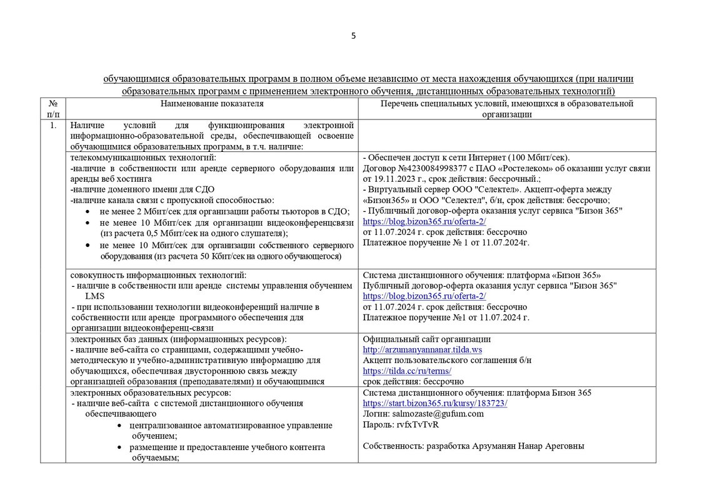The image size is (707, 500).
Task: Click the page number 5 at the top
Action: pyautogui.click(x=353, y=36)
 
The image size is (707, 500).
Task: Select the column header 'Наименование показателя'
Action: pyautogui.click(x=212, y=104)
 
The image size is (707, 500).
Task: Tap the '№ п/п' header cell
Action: pyautogui.click(x=53, y=109)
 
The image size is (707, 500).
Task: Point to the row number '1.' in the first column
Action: pyautogui.click(x=53, y=125)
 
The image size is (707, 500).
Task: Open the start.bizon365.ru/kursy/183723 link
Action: pyautogui.click(x=434, y=403)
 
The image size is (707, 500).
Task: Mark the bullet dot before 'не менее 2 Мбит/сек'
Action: pyautogui.click(x=87, y=211)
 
